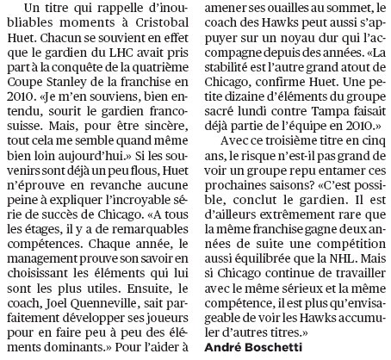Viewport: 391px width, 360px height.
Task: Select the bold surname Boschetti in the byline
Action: [x=274, y=346]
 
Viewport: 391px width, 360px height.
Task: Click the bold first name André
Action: [x=226, y=346]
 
